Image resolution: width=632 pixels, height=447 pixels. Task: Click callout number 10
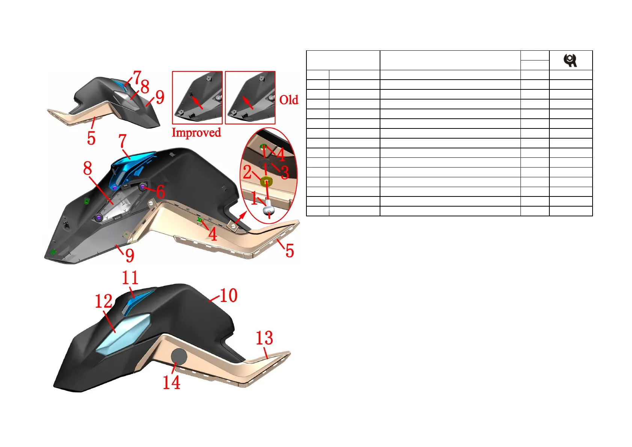(x=228, y=295)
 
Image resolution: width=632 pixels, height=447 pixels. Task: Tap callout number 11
(x=130, y=278)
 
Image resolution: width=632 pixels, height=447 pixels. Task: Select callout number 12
(x=104, y=301)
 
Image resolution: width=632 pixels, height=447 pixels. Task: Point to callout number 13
(x=264, y=338)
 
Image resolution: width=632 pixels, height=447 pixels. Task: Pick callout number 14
(x=171, y=382)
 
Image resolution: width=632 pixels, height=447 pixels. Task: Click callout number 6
(x=160, y=192)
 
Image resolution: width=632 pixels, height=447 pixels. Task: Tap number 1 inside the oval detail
(x=254, y=198)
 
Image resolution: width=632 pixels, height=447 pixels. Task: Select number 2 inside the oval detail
(x=247, y=172)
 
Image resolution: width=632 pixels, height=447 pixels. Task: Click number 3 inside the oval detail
(x=285, y=172)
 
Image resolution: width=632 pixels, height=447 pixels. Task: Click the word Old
(x=289, y=100)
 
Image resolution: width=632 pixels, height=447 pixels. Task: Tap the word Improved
(x=196, y=133)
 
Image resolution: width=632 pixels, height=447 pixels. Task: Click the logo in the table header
(x=570, y=60)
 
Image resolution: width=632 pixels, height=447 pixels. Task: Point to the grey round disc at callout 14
(x=179, y=356)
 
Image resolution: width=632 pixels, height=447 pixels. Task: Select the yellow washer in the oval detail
(x=266, y=182)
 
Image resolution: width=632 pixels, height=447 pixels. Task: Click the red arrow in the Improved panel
(x=197, y=102)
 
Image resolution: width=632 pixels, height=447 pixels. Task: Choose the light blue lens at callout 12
(x=124, y=334)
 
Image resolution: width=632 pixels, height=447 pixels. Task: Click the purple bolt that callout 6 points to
(x=143, y=186)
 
